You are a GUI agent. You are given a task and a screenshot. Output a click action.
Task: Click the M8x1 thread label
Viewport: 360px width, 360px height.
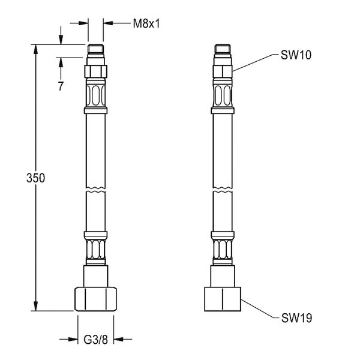point(146,23)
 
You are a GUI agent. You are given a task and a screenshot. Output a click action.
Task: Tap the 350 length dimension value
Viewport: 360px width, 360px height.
point(35,178)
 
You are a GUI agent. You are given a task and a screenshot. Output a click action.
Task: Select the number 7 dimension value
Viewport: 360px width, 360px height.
point(61,86)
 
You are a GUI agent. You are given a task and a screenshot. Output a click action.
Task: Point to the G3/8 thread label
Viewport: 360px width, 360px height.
point(95,340)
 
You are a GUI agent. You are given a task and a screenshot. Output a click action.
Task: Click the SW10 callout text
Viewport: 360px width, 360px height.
point(296,55)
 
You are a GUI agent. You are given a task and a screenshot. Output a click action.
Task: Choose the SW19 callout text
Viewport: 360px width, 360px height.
point(296,318)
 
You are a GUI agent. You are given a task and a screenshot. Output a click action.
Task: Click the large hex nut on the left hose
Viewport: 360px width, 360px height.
point(95,299)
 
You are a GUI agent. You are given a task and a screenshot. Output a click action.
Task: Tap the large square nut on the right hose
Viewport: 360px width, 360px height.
point(223,299)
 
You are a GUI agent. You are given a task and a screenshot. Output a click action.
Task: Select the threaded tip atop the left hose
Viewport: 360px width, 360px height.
point(96,49)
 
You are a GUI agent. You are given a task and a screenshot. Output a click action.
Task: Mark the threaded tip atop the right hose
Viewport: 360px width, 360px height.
point(223,49)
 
